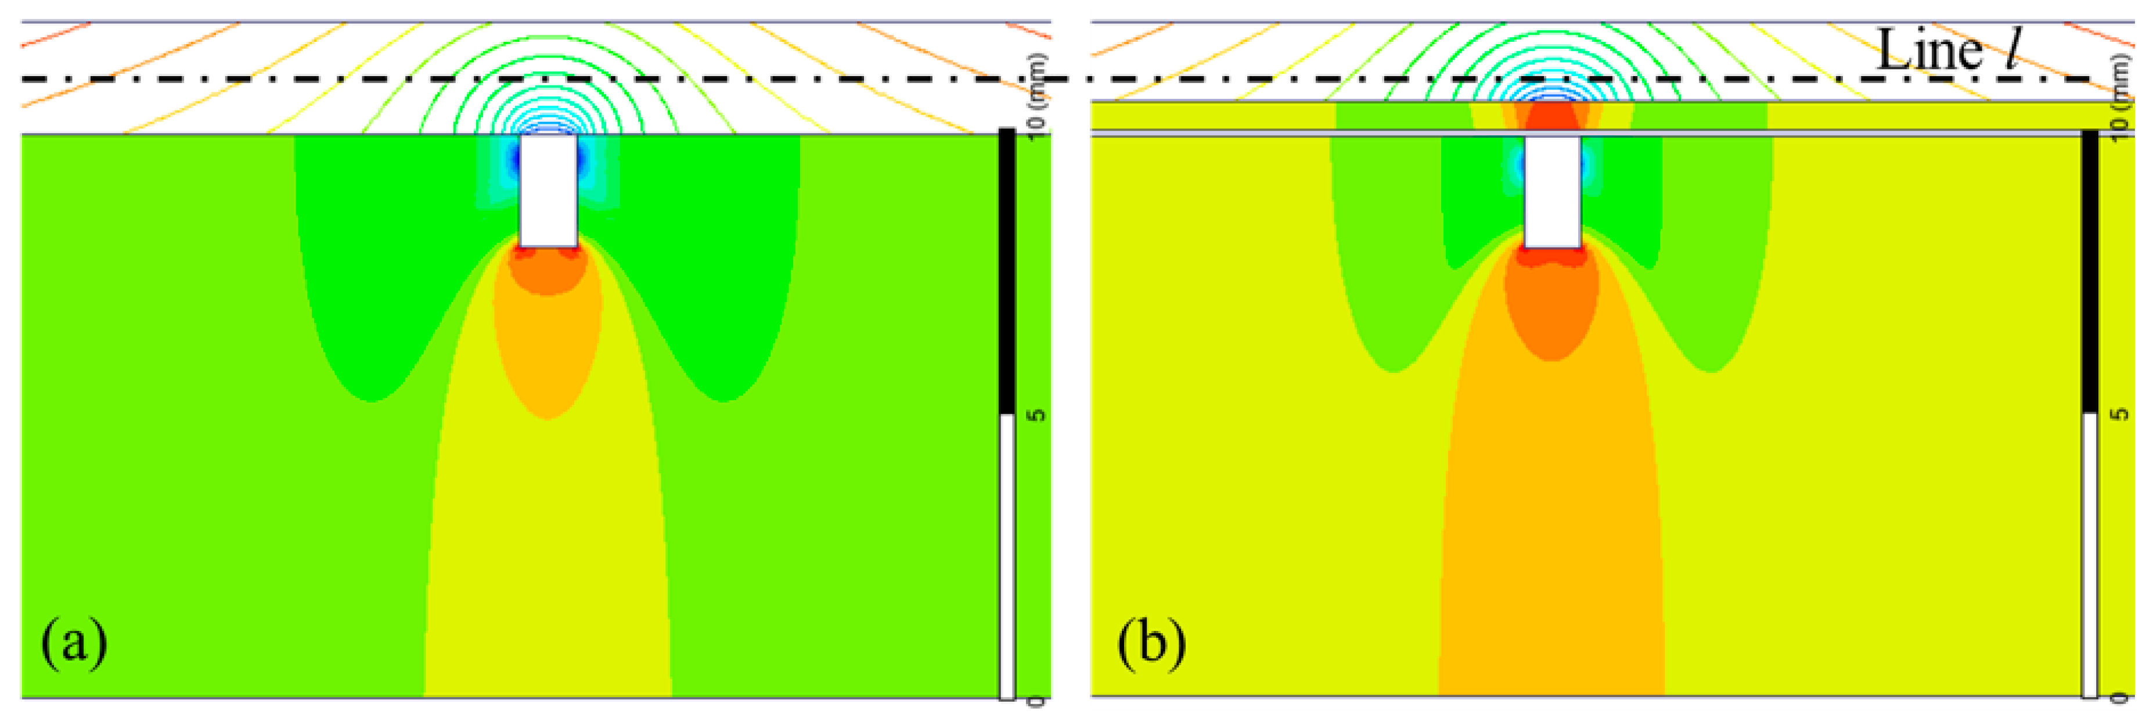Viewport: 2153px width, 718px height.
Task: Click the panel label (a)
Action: [74, 642]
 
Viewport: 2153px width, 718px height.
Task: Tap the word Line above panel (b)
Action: [1929, 50]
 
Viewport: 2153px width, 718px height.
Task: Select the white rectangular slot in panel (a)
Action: [548, 191]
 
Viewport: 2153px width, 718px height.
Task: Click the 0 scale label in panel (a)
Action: [1036, 701]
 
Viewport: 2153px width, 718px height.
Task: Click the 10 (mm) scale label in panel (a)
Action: [1036, 92]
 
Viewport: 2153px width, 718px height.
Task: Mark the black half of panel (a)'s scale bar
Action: [1007, 272]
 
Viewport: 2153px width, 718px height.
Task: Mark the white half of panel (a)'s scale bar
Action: [1007, 556]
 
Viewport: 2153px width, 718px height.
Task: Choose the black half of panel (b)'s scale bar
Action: [2090, 272]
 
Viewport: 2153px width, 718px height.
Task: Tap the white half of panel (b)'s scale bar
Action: [2090, 556]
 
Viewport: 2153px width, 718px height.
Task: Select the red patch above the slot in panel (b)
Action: [1552, 116]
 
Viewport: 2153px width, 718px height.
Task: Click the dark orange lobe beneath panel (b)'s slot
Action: [1552, 309]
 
